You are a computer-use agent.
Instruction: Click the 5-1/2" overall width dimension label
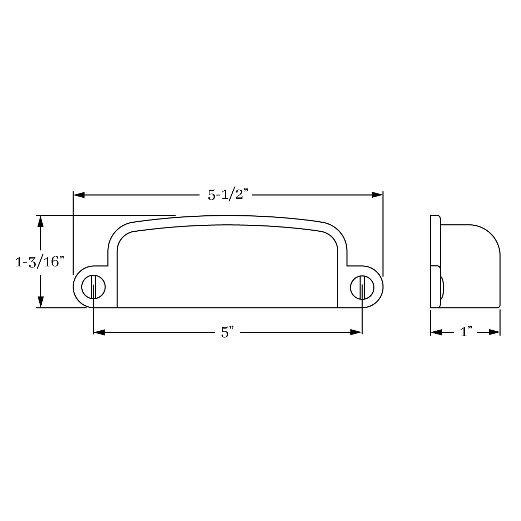tap(229, 195)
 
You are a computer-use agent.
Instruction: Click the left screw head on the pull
tap(94, 287)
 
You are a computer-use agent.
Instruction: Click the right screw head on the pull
tap(362, 287)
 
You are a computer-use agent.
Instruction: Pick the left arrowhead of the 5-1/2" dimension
tap(79, 195)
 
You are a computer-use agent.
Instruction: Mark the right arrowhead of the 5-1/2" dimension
tap(377, 195)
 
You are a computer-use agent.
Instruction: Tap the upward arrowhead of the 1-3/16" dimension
tap(41, 221)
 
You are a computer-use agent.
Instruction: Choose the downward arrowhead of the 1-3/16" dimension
tap(41, 302)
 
